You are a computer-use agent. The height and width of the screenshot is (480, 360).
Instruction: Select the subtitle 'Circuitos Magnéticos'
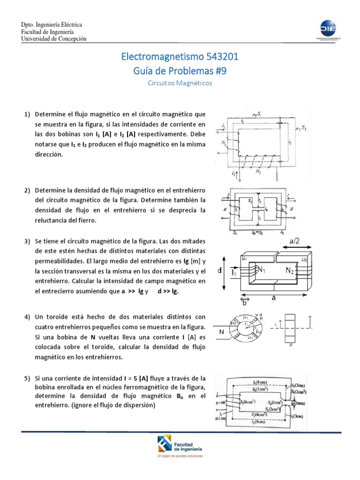[x=180, y=83]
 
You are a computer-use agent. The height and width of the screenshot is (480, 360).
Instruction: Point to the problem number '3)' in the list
[x=27, y=241]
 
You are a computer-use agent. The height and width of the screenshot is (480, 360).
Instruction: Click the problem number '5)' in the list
[x=27, y=378]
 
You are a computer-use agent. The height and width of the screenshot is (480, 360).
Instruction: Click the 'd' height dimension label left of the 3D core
[x=219, y=270]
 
